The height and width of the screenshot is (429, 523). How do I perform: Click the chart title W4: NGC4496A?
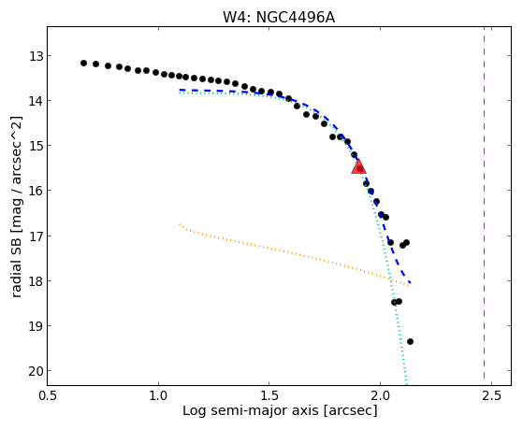pos(279,18)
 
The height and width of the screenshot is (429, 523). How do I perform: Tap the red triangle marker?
pos(358,166)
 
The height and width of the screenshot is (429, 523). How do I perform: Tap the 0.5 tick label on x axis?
pos(48,395)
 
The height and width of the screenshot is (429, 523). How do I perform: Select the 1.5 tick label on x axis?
pos(269,395)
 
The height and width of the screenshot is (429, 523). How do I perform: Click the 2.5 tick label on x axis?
pos(491,395)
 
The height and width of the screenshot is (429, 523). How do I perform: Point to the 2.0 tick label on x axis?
pos(380,395)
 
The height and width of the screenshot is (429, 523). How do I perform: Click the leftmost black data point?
pos(83,63)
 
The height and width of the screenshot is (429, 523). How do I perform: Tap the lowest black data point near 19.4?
pos(410,341)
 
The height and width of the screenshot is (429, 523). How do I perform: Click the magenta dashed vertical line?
pos(484,206)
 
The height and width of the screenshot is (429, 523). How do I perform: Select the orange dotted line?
pos(294,254)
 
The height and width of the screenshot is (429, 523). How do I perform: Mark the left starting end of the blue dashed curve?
pos(180,90)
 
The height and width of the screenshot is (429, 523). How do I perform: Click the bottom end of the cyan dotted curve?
pos(406,385)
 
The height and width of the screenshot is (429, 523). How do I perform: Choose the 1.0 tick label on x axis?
pos(158,395)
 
